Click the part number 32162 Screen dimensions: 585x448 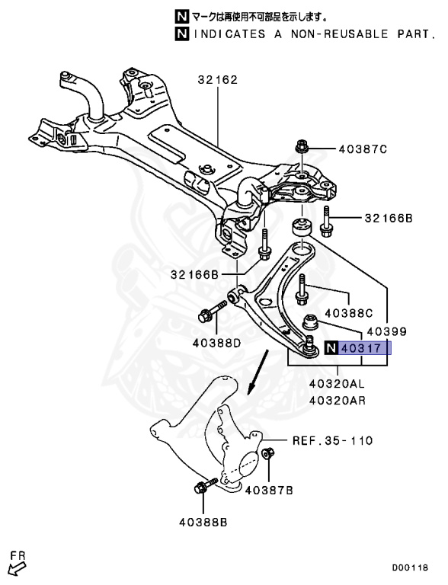(218, 79)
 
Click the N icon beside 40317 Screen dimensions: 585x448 (331, 349)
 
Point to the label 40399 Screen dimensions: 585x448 (386, 332)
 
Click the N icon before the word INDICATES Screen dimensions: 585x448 (181, 34)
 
